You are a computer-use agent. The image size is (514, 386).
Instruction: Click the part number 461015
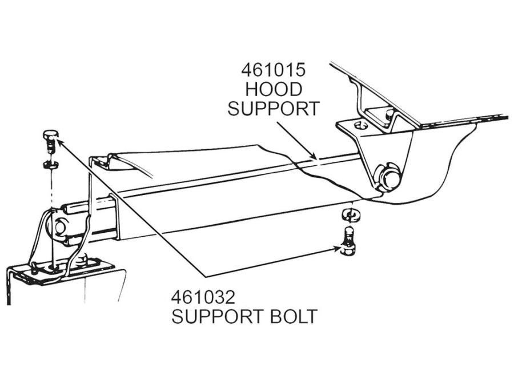[x=274, y=70]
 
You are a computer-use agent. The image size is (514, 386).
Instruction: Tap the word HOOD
[x=274, y=89]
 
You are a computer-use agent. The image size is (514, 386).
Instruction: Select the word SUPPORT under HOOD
[x=274, y=109]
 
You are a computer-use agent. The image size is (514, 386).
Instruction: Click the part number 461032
[x=203, y=297]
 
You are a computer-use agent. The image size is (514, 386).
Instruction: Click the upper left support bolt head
[x=51, y=134]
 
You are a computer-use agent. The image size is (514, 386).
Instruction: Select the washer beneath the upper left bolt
[x=50, y=164]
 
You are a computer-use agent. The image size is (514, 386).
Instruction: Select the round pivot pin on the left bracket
[x=60, y=227]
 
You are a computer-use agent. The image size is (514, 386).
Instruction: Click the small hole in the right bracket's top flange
[x=360, y=125]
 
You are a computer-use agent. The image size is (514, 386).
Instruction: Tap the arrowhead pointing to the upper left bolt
[x=57, y=140]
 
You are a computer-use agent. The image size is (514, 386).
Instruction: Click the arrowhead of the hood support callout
[x=315, y=158]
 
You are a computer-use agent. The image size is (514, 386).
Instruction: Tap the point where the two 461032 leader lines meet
[x=206, y=277]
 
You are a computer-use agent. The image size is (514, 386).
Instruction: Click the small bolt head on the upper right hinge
[x=389, y=114]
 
